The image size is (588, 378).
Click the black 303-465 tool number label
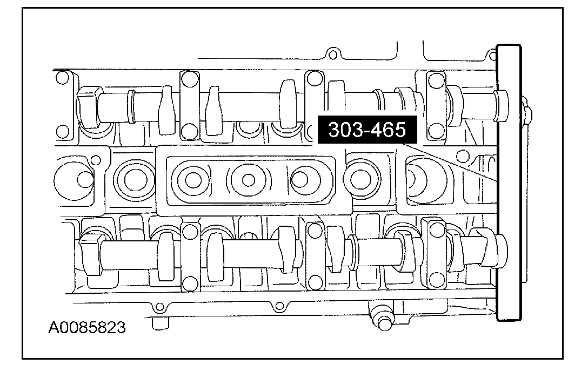[x=367, y=130]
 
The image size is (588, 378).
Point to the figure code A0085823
[x=86, y=328]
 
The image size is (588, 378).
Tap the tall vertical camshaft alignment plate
[x=509, y=183]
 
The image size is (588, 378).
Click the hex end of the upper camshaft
[x=88, y=107]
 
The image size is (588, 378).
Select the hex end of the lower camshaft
[x=90, y=253]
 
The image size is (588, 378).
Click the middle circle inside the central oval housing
[x=248, y=180]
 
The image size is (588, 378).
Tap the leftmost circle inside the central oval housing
[x=193, y=180]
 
